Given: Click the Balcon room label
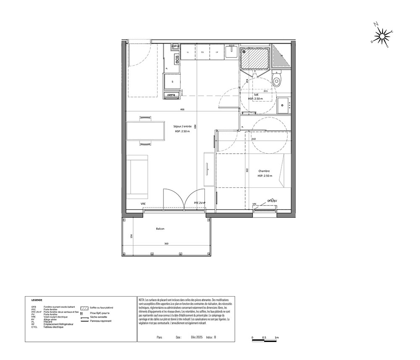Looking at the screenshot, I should coord(160,229).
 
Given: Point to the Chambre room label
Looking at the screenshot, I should coord(264,171).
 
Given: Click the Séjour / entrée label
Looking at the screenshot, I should coord(183,126).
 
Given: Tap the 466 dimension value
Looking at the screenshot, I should coord(182,109).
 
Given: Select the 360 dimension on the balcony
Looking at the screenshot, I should coord(166,244).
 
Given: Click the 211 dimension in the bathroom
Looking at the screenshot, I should coord(265,91).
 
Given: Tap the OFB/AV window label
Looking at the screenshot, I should coord(272,201).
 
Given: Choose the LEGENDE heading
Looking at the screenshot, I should coord(37,301).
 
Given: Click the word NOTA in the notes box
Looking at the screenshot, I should coord(142,300).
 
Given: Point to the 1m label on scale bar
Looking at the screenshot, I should coord(277,338).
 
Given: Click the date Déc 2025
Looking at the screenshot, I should coord(197,337).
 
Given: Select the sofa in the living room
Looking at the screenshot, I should coord(138,176).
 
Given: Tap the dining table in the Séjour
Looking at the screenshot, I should coord(145,131).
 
